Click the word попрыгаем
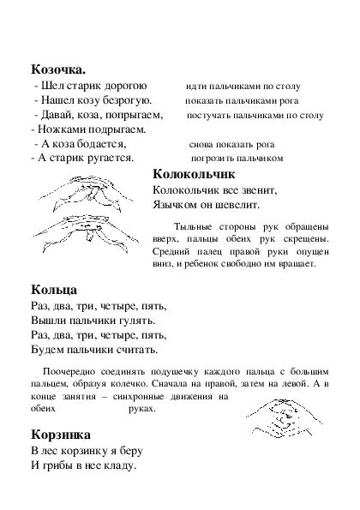click(x=131, y=115)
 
